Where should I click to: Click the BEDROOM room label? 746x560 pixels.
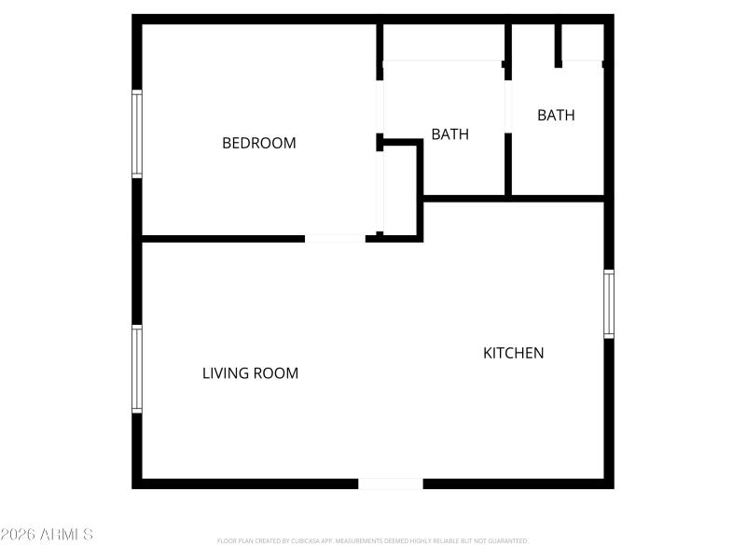click(x=258, y=143)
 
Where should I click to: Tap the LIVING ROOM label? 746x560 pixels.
click(x=250, y=373)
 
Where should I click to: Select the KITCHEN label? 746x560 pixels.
click(x=513, y=353)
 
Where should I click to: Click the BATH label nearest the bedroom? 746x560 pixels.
click(x=449, y=134)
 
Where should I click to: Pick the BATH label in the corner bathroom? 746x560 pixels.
click(x=556, y=116)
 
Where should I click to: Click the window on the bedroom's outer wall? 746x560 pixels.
click(x=137, y=133)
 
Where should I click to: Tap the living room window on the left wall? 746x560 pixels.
click(x=137, y=369)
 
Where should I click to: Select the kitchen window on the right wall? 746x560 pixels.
click(x=609, y=303)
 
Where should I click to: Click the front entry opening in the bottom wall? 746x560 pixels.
click(x=391, y=483)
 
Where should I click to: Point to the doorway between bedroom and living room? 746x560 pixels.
click(x=335, y=239)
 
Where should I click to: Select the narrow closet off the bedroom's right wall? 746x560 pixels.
click(x=399, y=190)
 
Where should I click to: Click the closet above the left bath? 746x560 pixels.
click(x=444, y=42)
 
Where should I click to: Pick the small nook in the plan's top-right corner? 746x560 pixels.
click(x=583, y=42)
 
